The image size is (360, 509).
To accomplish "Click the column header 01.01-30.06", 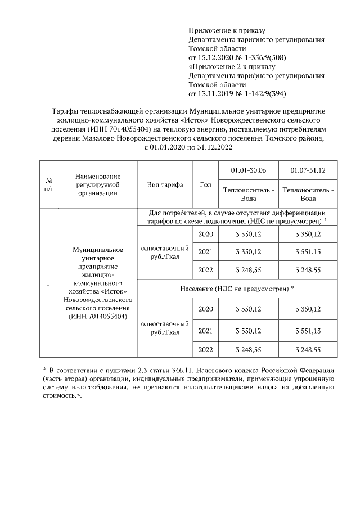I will [x=248, y=170].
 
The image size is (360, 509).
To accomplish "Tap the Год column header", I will [x=205, y=184].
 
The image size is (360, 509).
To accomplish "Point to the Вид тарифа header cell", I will [x=164, y=184].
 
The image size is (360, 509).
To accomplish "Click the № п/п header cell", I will [x=49, y=184].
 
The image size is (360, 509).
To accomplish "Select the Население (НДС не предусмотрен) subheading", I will [x=237, y=288].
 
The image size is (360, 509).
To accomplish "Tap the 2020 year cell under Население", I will [x=205, y=309].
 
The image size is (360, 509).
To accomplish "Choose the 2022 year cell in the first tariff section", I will [x=205, y=269].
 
